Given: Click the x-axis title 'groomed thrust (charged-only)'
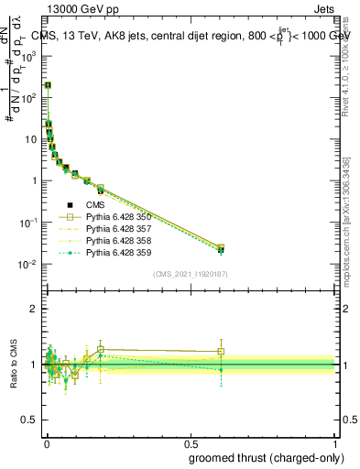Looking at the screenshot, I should pos(266,457).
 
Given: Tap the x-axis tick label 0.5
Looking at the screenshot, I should pos(190,442).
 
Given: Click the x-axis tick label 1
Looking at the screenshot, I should pos(334,442).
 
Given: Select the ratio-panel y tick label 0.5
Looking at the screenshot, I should pos(30,420).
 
